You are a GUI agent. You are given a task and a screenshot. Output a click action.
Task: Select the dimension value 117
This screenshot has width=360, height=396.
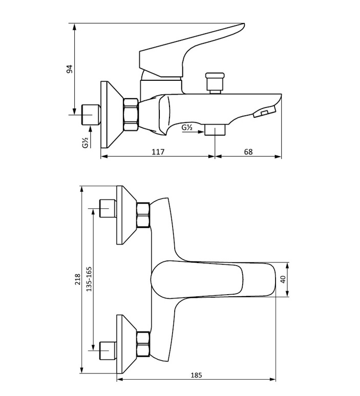pos(158,151)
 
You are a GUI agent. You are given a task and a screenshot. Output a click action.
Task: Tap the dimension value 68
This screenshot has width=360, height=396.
pos(248,151)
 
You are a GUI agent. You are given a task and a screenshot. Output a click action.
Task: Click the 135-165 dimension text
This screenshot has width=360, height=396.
pos(89,279)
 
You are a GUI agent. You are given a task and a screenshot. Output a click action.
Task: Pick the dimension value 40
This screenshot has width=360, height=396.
pos(283,279)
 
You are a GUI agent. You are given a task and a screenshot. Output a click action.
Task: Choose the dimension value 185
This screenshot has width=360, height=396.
pos(196,375)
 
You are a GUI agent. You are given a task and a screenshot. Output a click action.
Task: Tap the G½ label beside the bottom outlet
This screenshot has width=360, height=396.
pos(187,127)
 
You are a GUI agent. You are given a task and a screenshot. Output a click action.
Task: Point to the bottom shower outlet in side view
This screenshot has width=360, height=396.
pos(215,129)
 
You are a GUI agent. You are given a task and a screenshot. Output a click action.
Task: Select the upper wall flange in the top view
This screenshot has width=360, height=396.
pos(125,215)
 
